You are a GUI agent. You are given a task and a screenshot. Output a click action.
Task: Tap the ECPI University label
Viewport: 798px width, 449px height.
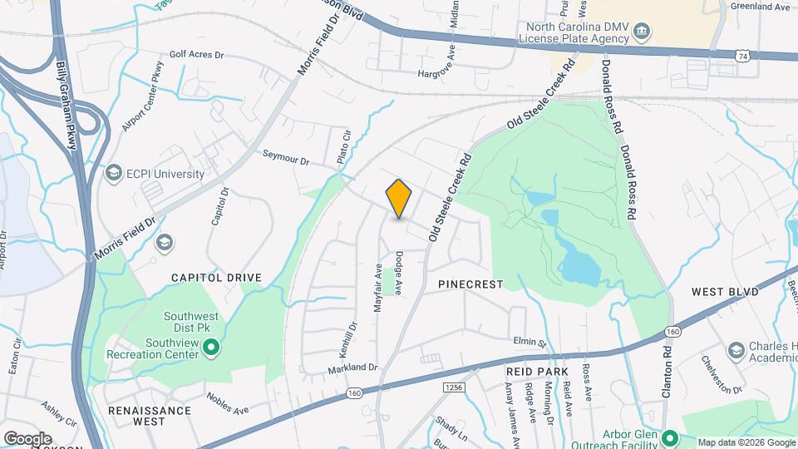click(164, 174)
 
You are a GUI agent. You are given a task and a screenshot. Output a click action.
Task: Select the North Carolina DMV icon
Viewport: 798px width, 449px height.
click(642, 33)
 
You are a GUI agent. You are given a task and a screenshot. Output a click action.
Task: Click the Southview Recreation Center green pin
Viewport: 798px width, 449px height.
click(211, 347)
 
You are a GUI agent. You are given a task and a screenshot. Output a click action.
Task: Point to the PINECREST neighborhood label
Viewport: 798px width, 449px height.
click(470, 284)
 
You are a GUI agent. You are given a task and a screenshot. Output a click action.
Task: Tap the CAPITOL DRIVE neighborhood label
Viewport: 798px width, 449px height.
click(216, 278)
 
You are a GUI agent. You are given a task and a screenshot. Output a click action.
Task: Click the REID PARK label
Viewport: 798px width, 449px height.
click(536, 371)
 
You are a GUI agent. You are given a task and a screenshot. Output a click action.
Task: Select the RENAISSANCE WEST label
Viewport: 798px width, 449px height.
click(150, 411)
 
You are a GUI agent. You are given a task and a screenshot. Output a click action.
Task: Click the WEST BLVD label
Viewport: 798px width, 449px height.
click(726, 293)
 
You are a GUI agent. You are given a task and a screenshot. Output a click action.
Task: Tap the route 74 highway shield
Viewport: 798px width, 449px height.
click(741, 54)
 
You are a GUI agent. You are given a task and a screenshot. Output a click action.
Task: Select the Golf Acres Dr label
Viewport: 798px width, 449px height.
click(197, 55)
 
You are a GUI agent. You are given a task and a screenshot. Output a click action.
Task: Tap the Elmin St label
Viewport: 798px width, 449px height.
click(529, 343)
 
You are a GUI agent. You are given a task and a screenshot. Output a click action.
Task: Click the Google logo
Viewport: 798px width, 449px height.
click(27, 438)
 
